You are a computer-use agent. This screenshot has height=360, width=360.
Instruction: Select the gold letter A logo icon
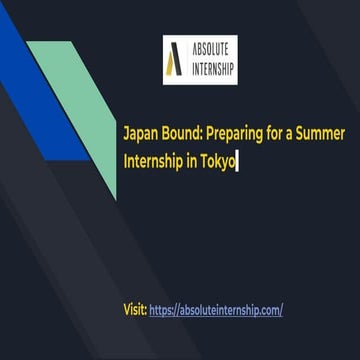pos(176,59)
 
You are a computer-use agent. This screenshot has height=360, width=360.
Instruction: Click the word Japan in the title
pos(139,132)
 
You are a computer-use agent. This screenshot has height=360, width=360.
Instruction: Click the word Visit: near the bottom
pos(135,310)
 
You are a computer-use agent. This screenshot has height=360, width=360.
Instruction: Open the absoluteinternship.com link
pos(216,310)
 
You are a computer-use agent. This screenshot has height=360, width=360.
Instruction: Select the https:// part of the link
pos(165,310)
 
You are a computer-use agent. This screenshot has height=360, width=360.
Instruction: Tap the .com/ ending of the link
pos(271,310)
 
